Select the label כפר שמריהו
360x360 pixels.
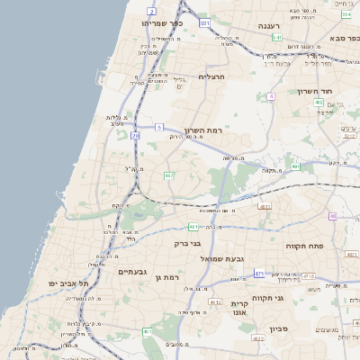click(x=162, y=24)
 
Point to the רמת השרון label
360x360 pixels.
click(x=202, y=131)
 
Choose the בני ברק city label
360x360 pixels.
click(x=189, y=243)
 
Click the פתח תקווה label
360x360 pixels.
click(x=303, y=245)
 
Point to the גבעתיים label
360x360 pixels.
click(x=132, y=271)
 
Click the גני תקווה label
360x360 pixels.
click(x=268, y=296)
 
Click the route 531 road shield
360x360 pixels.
click(x=205, y=22)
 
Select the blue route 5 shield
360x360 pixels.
click(x=158, y=128)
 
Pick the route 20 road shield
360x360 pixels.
click(x=135, y=135)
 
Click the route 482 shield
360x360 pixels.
click(x=168, y=175)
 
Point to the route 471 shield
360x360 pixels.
click(x=259, y=274)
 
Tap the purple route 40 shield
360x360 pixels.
click(x=332, y=216)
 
